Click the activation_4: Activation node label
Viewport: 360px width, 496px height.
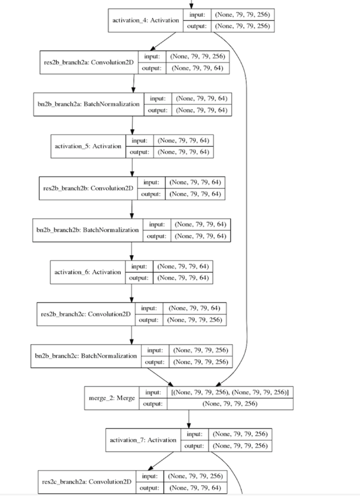click(x=146, y=20)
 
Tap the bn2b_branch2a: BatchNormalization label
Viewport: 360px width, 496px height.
click(x=89, y=104)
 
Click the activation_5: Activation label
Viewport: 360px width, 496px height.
click(x=88, y=146)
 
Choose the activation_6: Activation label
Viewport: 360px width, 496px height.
click(x=88, y=272)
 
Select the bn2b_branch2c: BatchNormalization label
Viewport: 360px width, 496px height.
click(x=86, y=356)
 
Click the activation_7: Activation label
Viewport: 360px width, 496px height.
click(x=143, y=440)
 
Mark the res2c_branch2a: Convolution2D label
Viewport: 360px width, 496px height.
click(x=87, y=482)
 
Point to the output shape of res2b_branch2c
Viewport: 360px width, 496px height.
click(x=196, y=320)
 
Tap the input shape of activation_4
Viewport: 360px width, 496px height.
click(x=242, y=15)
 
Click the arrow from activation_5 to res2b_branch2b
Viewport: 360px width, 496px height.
click(x=132, y=167)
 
